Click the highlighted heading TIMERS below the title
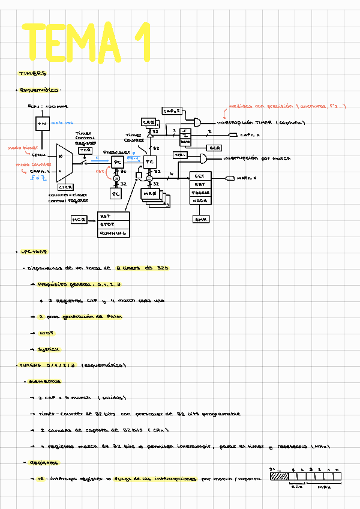pyautogui.click(x=33, y=73)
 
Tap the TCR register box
pyautogui.click(x=84, y=150)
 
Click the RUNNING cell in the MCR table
pyautogui.click(x=113, y=233)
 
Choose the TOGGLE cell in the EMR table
pyautogui.click(x=200, y=193)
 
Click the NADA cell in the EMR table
pyautogui.click(x=200, y=202)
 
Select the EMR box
pyautogui.click(x=200, y=220)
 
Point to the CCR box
pyautogui.click(x=214, y=148)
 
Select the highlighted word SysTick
pyautogui.click(x=49, y=349)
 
